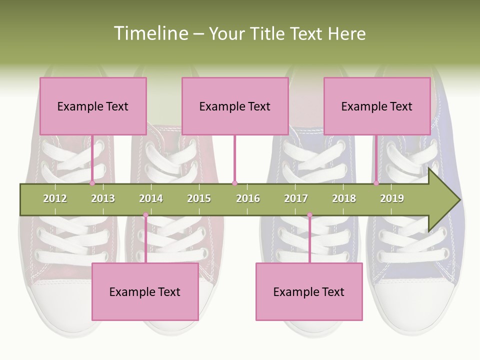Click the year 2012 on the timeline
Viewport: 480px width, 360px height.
point(55,198)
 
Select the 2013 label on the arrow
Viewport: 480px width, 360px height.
point(103,198)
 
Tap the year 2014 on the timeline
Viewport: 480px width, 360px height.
point(151,198)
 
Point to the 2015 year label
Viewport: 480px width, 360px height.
point(199,198)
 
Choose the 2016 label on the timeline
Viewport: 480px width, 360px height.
point(248,198)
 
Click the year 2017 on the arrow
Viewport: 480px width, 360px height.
point(296,198)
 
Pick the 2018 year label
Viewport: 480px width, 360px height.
point(344,198)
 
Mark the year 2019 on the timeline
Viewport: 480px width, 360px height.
point(392,198)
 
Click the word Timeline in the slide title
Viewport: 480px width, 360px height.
point(150,33)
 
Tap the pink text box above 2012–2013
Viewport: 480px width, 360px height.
point(93,106)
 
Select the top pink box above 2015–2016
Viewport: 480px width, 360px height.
point(235,106)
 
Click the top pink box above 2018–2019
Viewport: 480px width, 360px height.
point(377,106)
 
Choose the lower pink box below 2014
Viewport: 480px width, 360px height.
point(145,291)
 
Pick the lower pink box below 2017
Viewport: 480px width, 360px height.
point(309,291)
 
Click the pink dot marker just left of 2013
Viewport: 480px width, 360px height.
point(92,183)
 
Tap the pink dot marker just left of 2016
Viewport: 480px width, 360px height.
point(235,183)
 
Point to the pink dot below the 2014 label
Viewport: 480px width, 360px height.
point(145,215)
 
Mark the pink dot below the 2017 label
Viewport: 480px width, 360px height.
point(309,215)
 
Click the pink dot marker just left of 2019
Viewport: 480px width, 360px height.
point(376,183)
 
